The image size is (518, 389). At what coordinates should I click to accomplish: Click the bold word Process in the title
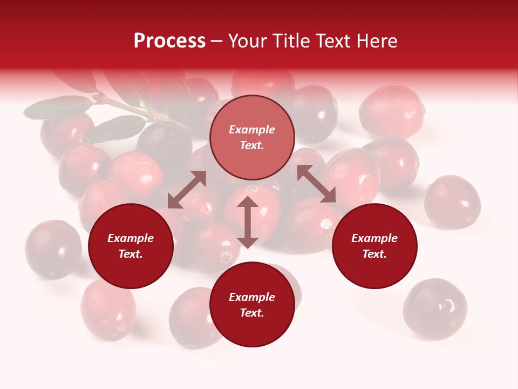click(169, 41)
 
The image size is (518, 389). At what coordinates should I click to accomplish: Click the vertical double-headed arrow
click(248, 222)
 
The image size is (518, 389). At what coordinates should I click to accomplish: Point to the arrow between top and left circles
click(187, 190)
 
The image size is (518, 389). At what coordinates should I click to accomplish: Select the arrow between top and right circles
click(316, 184)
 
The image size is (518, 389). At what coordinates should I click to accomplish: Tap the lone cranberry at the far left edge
click(52, 249)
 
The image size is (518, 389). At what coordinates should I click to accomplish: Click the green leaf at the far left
click(57, 108)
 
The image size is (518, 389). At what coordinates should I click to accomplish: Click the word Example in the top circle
click(252, 130)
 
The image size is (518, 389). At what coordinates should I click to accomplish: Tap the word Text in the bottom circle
click(252, 313)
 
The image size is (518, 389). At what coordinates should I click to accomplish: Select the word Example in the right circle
click(374, 238)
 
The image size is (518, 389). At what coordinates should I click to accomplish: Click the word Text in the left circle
click(131, 254)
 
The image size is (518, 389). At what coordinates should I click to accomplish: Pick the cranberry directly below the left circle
click(108, 310)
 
